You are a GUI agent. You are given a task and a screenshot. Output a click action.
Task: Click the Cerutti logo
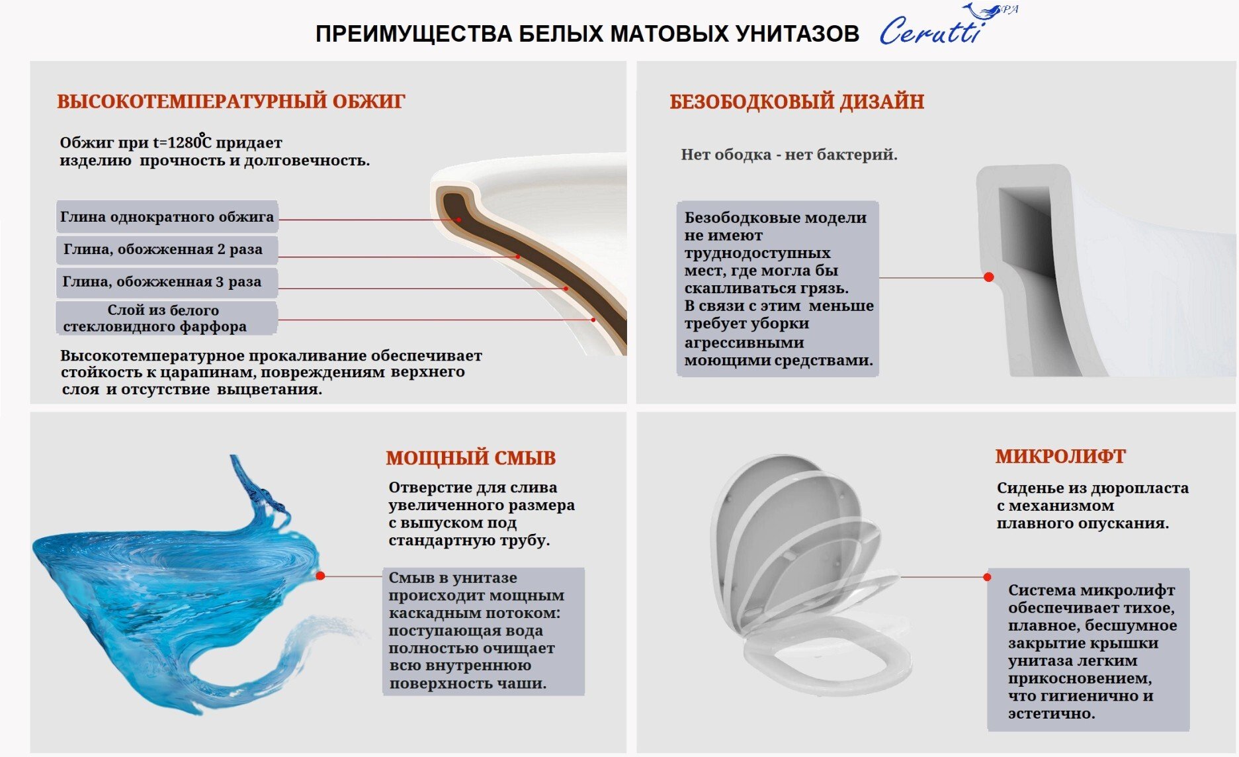coord(947,25)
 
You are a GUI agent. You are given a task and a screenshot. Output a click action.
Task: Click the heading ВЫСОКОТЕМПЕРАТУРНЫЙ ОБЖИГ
coord(231,102)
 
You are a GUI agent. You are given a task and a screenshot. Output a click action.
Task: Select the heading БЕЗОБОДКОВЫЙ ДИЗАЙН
coord(796,102)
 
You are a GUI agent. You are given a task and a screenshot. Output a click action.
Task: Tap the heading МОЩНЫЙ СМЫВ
coord(470,458)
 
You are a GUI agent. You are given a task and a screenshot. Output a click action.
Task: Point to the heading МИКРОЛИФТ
coord(1060,457)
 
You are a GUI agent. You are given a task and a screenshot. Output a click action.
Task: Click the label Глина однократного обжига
coord(167,216)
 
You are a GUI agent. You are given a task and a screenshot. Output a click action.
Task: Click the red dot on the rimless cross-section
coord(989,277)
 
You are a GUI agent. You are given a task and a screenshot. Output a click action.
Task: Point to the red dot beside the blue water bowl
coord(320,576)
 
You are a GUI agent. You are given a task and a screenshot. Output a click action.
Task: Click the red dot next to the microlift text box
coord(987,577)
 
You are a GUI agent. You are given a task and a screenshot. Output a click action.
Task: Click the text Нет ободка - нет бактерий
coord(789,155)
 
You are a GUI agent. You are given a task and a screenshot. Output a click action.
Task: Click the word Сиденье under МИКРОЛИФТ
coord(1028,488)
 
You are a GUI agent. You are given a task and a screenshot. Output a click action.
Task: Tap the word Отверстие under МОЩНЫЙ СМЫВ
coord(430,488)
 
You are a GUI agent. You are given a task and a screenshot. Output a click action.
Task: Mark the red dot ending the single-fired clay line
coord(458,220)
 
